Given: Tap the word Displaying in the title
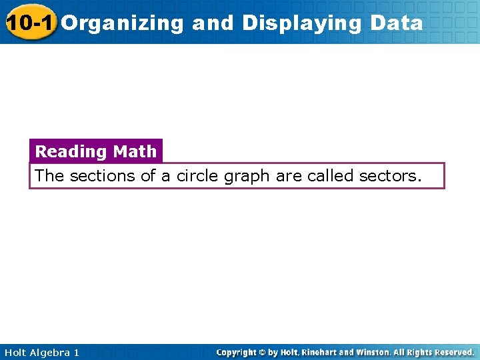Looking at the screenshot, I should pos(303,23).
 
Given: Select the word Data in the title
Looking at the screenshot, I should pos(397,23).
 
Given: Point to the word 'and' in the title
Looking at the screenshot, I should pos(213,23).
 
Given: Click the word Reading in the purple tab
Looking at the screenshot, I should pos(71,152).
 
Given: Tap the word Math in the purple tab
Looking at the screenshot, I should pos(135,151).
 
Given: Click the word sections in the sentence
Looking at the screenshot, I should pos(97,176).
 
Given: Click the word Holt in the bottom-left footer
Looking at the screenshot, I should pos(15,352).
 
